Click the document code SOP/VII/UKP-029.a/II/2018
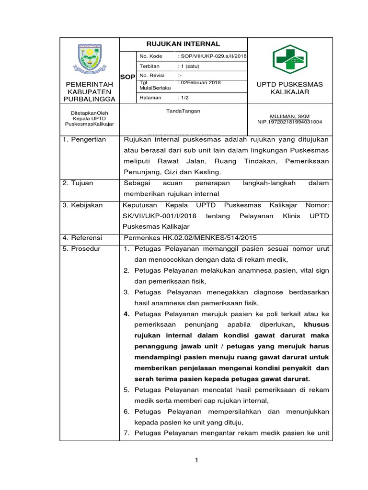[212, 56]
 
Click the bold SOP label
[127, 77]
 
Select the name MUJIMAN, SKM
[289, 116]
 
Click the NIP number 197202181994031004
[289, 122]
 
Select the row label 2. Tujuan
[79, 183]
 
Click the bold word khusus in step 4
[317, 324]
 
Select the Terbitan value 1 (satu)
[190, 67]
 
